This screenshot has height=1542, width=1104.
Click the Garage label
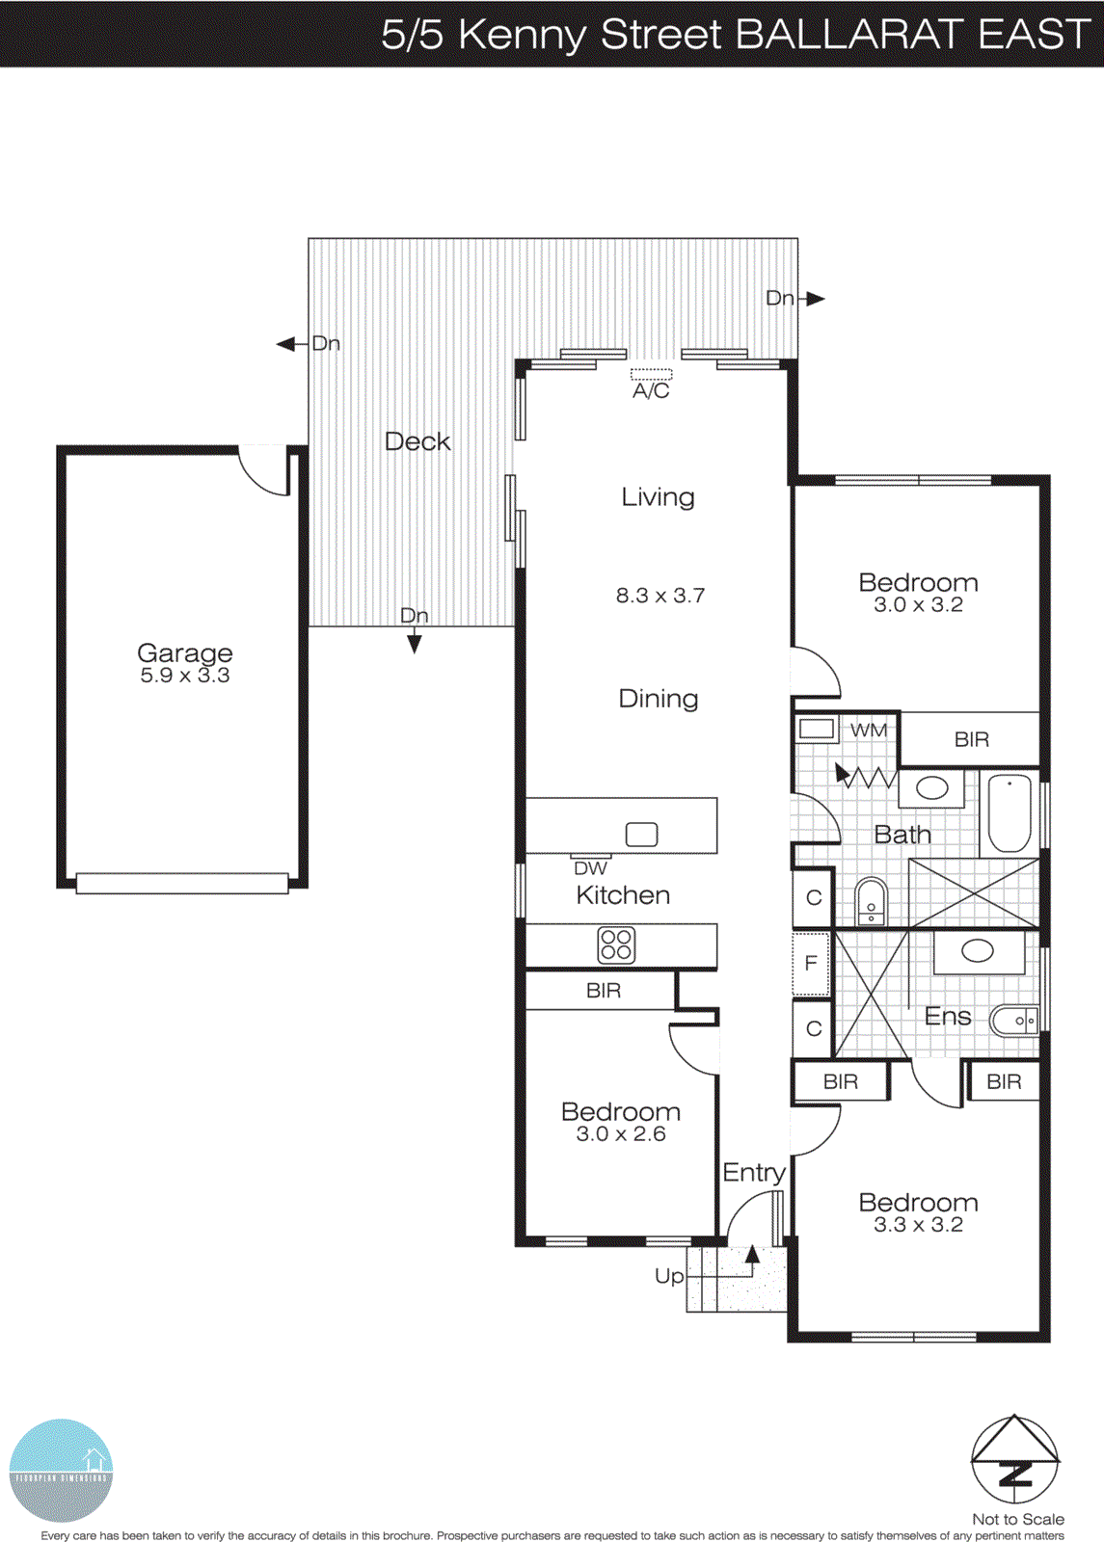184,652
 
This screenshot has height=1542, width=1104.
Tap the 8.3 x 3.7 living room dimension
660,596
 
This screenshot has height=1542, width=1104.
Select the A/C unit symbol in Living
651,374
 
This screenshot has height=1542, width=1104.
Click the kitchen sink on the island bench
641,835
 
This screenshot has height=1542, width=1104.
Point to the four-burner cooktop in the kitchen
616,945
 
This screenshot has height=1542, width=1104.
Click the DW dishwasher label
590,868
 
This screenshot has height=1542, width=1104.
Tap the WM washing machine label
868,731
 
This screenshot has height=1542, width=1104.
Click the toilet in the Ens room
1014,1020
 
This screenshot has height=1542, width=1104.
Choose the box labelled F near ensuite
811,963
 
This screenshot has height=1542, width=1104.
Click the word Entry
754,1172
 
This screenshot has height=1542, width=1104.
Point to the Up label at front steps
669,1276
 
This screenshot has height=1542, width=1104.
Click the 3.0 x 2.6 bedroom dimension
621,1134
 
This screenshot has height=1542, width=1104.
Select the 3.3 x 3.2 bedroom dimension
918,1225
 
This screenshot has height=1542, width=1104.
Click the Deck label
417,441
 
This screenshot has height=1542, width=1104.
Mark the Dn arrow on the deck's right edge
816,299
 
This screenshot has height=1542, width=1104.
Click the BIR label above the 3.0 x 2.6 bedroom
604,991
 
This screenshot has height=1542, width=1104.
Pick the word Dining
659,699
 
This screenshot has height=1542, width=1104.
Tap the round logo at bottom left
61,1470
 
